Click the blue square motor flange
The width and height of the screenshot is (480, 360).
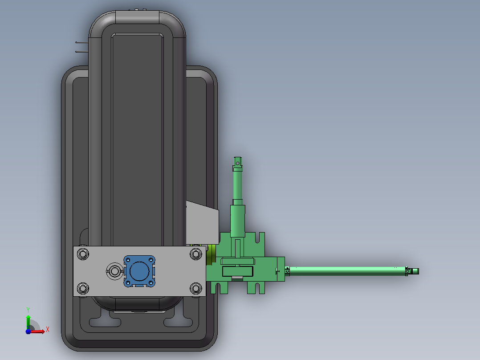tap(139, 271)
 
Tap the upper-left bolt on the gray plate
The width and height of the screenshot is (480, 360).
tap(83, 254)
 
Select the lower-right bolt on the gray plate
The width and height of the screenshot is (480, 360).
tap(195, 288)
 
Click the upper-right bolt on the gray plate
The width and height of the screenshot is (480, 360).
tap(195, 254)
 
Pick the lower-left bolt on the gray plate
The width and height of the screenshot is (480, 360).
tap(83, 288)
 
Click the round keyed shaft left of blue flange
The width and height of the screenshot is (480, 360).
tap(114, 271)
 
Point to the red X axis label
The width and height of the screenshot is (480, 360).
tap(48, 330)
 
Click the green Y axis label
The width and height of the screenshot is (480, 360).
tap(28, 310)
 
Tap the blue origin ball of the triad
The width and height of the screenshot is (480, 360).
tap(28, 331)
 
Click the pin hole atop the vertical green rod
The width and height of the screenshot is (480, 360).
tap(238, 164)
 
